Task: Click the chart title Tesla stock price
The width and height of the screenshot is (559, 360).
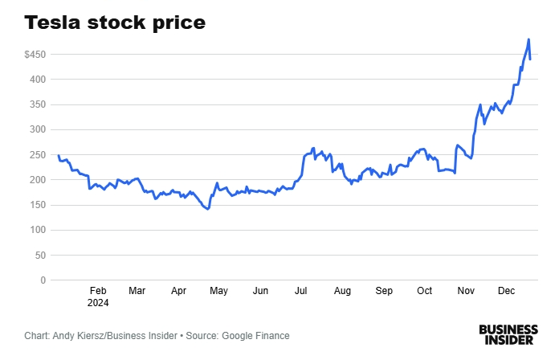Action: point(114,22)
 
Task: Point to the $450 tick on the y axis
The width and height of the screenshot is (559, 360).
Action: point(35,55)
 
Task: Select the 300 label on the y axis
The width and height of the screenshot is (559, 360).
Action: point(38,129)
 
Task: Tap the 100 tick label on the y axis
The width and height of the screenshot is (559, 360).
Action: point(38,230)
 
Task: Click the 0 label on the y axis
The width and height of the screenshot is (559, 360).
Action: point(43,280)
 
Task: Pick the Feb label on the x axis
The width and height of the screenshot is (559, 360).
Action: point(98,292)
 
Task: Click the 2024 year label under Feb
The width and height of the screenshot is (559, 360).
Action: point(98,304)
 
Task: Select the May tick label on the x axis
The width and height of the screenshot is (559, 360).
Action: point(219,292)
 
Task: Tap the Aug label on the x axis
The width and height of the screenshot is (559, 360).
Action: point(343,292)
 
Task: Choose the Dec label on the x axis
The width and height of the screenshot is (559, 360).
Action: point(507,292)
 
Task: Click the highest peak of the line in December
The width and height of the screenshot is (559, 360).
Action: point(528,39)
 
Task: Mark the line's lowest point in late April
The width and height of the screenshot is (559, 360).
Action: point(208,209)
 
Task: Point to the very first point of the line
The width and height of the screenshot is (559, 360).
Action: point(59,155)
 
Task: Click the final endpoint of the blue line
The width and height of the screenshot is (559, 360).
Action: point(530,59)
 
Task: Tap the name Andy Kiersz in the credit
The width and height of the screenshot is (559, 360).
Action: point(83,336)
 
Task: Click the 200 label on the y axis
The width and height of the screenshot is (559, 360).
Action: point(38,180)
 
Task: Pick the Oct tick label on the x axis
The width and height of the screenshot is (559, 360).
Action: point(424,292)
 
